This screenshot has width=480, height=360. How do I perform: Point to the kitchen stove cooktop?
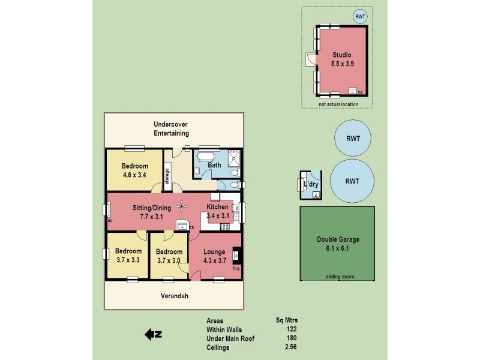point(226,226)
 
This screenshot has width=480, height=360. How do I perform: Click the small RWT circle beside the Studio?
point(361,17)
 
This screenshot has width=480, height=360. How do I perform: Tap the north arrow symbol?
point(154,334)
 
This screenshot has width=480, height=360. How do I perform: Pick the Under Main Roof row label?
point(230,338)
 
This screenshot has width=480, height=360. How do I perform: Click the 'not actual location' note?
point(338,104)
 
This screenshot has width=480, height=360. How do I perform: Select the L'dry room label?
point(311,184)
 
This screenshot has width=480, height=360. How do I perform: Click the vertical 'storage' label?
point(167,177)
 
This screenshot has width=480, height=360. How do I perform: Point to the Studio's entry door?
point(310,60)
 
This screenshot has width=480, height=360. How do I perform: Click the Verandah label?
point(175,296)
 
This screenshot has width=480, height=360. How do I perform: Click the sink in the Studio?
point(352,91)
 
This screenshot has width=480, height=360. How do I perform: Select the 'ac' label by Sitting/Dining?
point(110,220)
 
